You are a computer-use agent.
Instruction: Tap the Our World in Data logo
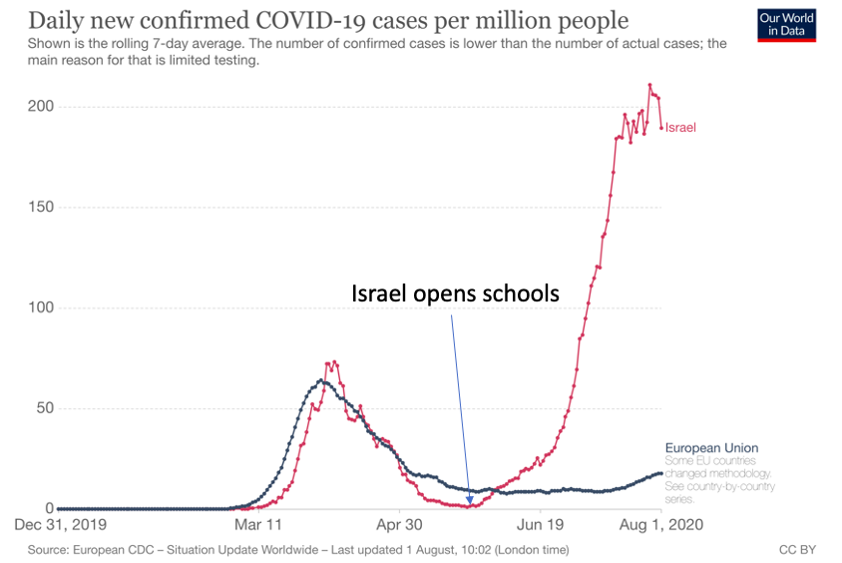click(x=787, y=25)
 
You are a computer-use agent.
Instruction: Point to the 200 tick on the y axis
click(x=40, y=107)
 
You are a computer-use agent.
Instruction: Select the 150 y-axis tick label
click(x=40, y=208)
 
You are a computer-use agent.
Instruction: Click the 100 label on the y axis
click(x=40, y=308)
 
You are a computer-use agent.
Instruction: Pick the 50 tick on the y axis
click(x=44, y=408)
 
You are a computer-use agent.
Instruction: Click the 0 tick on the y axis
click(x=48, y=509)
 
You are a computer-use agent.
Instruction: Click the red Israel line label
click(x=680, y=128)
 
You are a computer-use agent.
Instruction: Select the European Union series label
click(x=711, y=448)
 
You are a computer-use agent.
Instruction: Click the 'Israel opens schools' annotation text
click(x=454, y=295)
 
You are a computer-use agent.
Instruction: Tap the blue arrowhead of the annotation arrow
click(x=469, y=499)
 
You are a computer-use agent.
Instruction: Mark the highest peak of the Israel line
click(x=649, y=85)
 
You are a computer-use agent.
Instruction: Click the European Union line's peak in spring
click(x=321, y=380)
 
